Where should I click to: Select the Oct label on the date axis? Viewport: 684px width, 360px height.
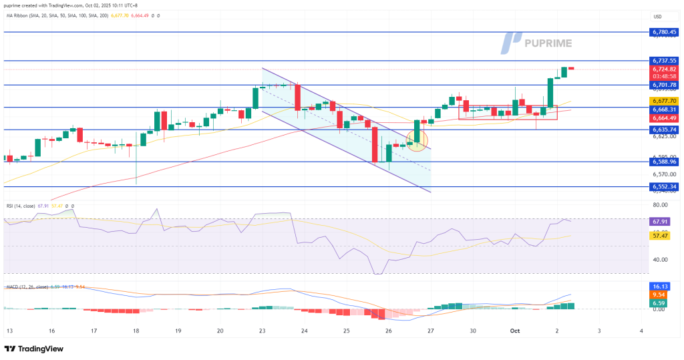(515, 331)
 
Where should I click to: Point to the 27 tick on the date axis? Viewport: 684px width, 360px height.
(431, 331)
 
